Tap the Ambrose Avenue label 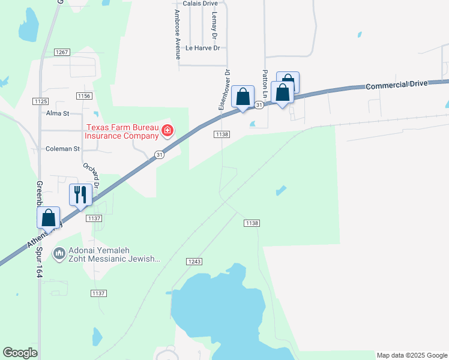click(x=177, y=34)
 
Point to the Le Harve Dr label click(x=203, y=47)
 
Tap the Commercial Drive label click(x=396, y=85)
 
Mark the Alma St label click(x=58, y=113)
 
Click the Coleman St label click(x=62, y=148)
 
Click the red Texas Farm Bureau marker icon click(x=167, y=130)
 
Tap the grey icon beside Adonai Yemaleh click(x=59, y=254)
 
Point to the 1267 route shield click(x=62, y=52)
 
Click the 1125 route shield click(x=40, y=101)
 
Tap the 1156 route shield click(x=84, y=96)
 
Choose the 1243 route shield click(x=194, y=262)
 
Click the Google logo click(x=20, y=352)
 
